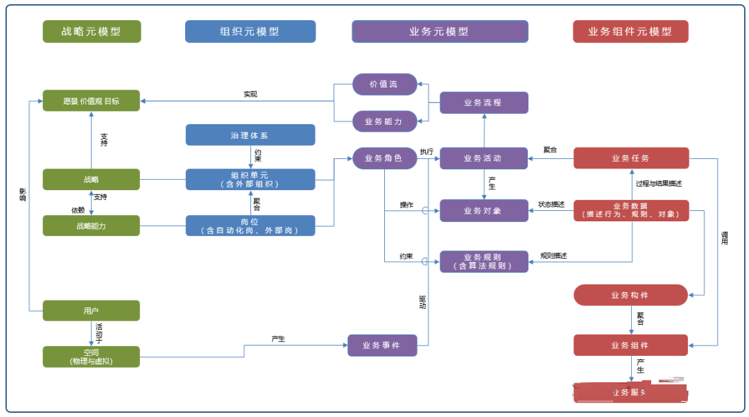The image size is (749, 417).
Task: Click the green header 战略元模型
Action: click(92, 31)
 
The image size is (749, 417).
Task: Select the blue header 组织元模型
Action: click(250, 31)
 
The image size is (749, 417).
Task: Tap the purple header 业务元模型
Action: click(440, 31)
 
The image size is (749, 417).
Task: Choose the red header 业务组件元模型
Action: click(630, 31)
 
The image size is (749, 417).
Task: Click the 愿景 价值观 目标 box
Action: click(92, 101)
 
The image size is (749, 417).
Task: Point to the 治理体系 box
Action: click(250, 135)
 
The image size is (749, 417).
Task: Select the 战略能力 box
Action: click(92, 225)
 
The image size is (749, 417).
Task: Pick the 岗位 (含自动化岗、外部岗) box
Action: click(250, 225)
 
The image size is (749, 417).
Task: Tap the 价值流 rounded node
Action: click(385, 84)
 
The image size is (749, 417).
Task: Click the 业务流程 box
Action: click(484, 103)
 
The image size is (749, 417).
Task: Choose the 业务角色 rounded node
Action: click(385, 158)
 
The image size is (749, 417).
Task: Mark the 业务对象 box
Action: click(484, 211)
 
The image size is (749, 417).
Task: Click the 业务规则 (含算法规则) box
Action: click(484, 261)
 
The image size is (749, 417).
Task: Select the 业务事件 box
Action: click(382, 345)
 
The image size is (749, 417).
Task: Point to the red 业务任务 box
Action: click(630, 158)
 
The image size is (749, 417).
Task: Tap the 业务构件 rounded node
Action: click(630, 295)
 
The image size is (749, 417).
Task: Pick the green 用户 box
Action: click(92, 310)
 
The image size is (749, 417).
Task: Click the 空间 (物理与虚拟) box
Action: click(92, 357)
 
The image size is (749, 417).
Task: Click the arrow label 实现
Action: click(250, 94)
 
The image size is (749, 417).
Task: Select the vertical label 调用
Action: click(725, 239)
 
